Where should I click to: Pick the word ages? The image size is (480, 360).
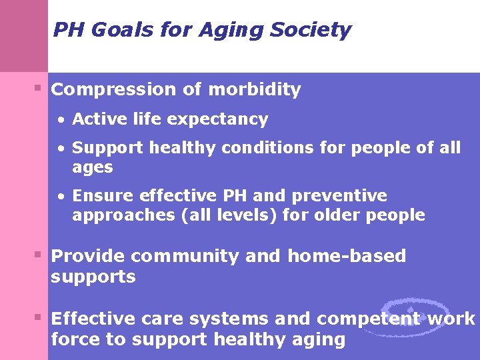point(92,168)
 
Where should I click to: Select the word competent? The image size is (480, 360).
point(369,319)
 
